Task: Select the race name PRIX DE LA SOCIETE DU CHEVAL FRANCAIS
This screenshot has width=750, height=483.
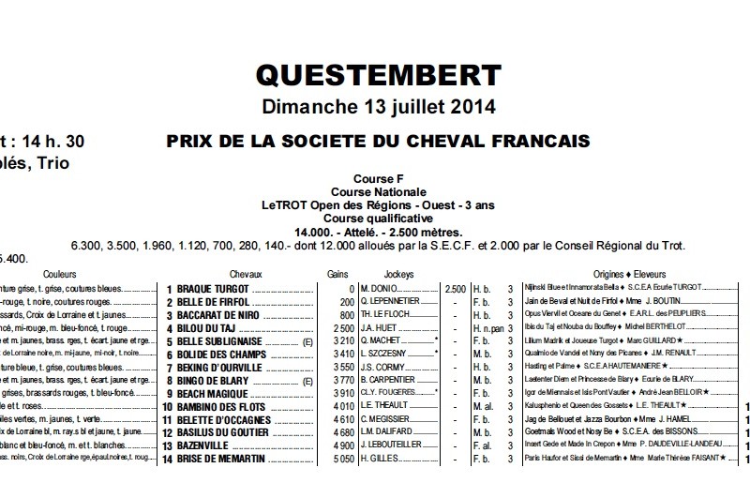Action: [x=378, y=142]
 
